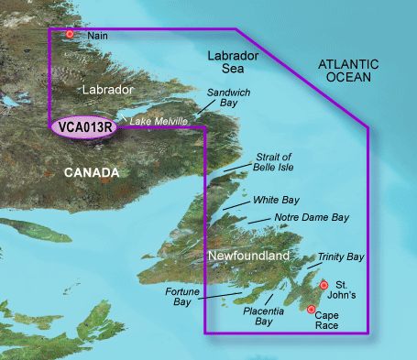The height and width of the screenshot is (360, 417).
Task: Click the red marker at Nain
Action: pos(69,35)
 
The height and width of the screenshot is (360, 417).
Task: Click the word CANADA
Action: pos(90,172)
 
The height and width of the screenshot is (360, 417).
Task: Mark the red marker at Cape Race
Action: pos(312,310)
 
